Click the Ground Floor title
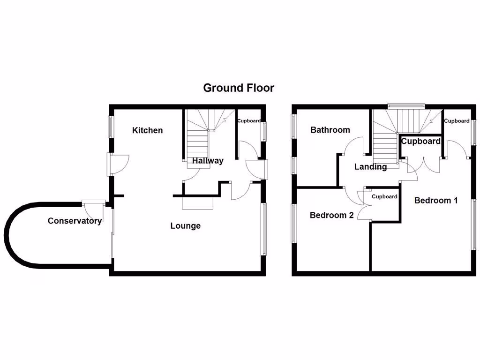coord(239,88)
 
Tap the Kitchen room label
coord(147,130)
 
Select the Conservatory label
coord(75,221)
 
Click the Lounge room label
coord(185,226)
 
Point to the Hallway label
coord(208,161)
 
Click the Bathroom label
coord(330,130)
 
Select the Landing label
coord(370,167)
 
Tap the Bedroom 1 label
coord(436,201)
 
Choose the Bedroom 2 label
coord(331,216)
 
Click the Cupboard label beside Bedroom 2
coord(384,197)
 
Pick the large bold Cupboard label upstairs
coord(420,141)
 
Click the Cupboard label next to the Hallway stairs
coord(248,121)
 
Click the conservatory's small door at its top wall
coord(93,202)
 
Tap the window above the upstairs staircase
coord(406,105)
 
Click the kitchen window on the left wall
coord(111,127)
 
